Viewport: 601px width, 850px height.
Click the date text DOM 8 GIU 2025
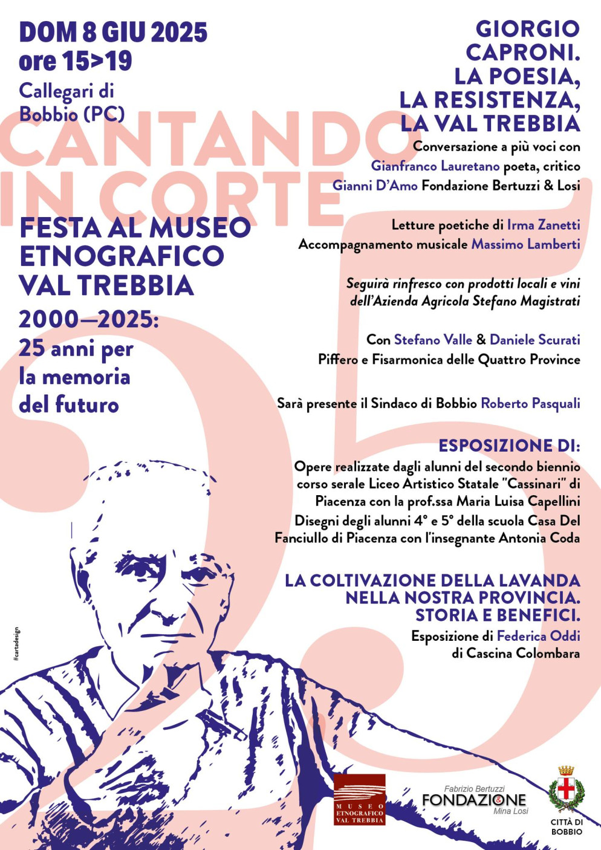(x=113, y=33)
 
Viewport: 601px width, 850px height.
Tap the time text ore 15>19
(x=75, y=61)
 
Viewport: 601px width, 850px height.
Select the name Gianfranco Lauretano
(x=435, y=166)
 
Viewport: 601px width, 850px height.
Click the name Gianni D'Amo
(x=375, y=186)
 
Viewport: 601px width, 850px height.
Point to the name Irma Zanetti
(x=543, y=225)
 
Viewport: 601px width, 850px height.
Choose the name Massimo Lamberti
(x=525, y=244)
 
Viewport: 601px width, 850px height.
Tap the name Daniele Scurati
(x=534, y=340)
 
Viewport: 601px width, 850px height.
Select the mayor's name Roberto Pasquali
(x=530, y=403)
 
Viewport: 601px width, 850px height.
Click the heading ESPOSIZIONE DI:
(x=509, y=446)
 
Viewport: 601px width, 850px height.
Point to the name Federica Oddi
(x=538, y=636)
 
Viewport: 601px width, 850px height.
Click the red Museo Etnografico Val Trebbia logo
(x=359, y=799)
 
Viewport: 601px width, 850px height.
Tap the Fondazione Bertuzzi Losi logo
(x=474, y=800)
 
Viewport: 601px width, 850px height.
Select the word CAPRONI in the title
(x=522, y=53)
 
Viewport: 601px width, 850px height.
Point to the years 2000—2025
(x=88, y=320)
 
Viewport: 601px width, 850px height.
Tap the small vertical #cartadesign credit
(x=16, y=644)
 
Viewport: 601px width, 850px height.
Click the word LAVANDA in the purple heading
(x=539, y=580)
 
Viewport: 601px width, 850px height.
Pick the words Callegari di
(x=67, y=91)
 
